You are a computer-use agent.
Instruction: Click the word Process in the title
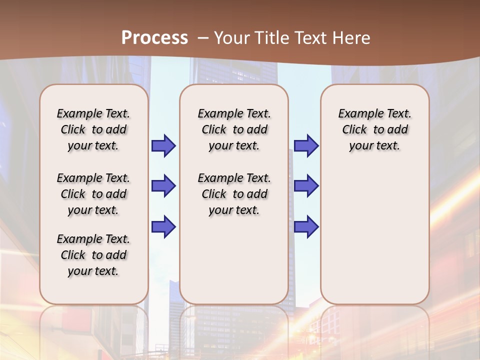pyautogui.click(x=154, y=37)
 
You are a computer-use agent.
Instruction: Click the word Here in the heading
pyautogui.click(x=351, y=37)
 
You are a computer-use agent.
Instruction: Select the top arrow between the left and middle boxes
pyautogui.click(x=163, y=145)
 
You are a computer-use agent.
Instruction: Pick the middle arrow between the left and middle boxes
pyautogui.click(x=163, y=186)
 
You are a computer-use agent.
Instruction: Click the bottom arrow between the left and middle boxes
pyautogui.click(x=163, y=226)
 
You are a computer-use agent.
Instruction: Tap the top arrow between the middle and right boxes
pyautogui.click(x=306, y=145)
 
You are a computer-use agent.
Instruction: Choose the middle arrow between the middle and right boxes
pyautogui.click(x=306, y=186)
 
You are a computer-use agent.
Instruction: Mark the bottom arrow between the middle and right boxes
pyautogui.click(x=306, y=226)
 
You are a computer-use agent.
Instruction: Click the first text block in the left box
pyautogui.click(x=93, y=129)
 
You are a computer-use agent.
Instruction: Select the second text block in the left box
pyautogui.click(x=93, y=194)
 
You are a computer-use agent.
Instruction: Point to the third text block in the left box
pyautogui.click(x=93, y=255)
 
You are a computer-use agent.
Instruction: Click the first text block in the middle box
pyautogui.click(x=234, y=129)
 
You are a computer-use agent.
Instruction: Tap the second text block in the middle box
pyautogui.click(x=234, y=194)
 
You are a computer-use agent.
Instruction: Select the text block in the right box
pyautogui.click(x=375, y=129)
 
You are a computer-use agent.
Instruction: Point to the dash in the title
pyautogui.click(x=203, y=38)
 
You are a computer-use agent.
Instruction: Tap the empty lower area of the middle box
pyautogui.click(x=234, y=260)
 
